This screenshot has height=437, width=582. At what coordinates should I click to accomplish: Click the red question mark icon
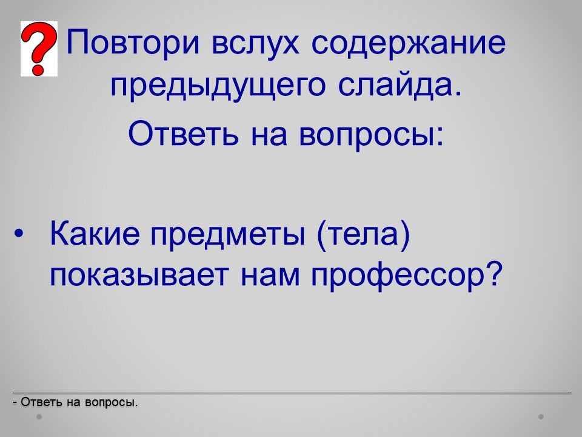(39, 49)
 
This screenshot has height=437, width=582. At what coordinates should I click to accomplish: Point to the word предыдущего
(218, 86)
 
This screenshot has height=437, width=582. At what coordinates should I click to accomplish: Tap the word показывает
(139, 274)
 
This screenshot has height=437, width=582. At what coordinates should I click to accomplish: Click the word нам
(270, 276)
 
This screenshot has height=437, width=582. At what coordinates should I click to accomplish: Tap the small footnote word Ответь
(41, 402)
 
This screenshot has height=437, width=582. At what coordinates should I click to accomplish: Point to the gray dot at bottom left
(39, 416)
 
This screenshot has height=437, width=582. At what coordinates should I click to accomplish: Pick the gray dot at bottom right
(541, 416)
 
